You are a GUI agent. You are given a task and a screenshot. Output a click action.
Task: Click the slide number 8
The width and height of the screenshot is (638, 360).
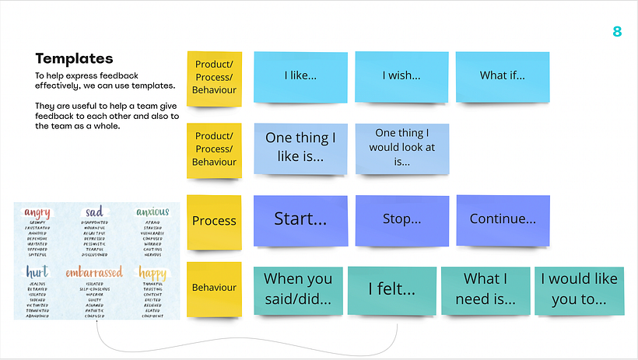point(617,32)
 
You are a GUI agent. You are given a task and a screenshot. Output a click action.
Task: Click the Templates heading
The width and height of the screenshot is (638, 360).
point(74,58)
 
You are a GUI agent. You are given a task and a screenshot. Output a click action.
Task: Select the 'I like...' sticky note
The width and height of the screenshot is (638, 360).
point(300,76)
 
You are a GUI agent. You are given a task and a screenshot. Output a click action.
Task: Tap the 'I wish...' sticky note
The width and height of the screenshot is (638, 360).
point(401,76)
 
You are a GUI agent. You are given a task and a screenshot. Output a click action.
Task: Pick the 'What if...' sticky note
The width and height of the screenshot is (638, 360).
point(502,75)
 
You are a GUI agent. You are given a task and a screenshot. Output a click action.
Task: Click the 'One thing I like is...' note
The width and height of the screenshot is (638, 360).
point(300,147)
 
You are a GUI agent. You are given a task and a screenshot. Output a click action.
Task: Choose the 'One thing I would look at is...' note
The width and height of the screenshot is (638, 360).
point(401,148)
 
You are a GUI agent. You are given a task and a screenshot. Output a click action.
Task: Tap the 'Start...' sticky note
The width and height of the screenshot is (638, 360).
point(300,218)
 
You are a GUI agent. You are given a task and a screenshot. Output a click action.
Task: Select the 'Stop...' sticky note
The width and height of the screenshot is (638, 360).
point(401,219)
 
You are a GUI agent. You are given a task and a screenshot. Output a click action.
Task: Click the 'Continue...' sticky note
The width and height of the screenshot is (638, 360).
point(502,218)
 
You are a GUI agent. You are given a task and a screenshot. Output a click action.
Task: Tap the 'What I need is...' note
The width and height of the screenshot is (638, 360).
point(485,289)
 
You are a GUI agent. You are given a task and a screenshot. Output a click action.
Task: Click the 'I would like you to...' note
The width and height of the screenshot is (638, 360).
point(578,289)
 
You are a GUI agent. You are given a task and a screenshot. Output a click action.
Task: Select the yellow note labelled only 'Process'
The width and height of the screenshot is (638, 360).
point(214,221)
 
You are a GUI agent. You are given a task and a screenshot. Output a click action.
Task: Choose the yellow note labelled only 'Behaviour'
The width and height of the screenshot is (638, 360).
point(214,288)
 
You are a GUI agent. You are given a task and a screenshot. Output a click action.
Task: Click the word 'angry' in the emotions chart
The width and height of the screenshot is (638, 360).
point(37,212)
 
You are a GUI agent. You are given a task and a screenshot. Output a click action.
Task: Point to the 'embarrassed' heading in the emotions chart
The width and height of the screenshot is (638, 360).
point(93,273)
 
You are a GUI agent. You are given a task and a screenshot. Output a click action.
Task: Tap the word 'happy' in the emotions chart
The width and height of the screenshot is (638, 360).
point(152,273)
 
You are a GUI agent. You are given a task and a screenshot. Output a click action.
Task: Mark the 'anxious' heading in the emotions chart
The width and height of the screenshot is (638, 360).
point(152,212)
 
